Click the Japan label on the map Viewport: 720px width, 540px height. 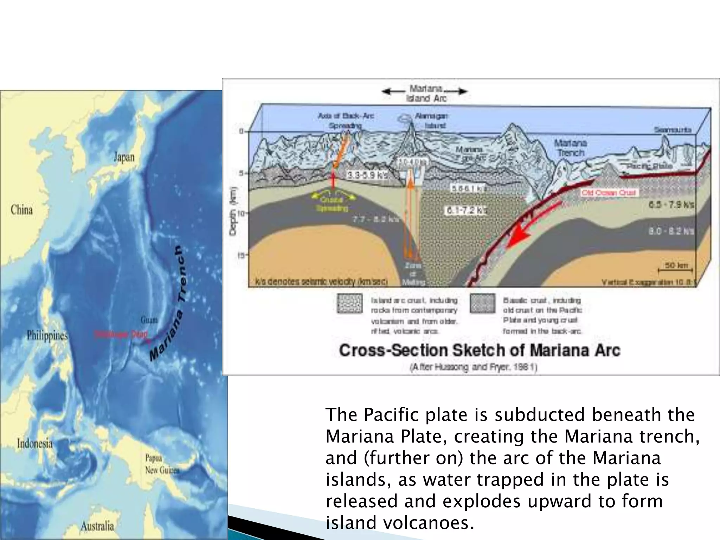coord(124,157)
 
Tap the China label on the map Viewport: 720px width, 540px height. coord(22,210)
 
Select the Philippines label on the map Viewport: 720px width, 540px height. coord(47,336)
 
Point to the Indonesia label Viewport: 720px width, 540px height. coord(34,443)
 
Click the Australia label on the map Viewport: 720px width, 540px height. coord(97,526)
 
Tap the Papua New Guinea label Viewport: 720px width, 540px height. coord(162,464)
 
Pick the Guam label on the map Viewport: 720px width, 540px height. coord(149,320)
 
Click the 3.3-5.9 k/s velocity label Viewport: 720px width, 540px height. coord(367,175)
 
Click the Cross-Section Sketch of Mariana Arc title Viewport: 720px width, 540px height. coord(480,350)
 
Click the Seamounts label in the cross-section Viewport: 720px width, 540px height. coord(672,130)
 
